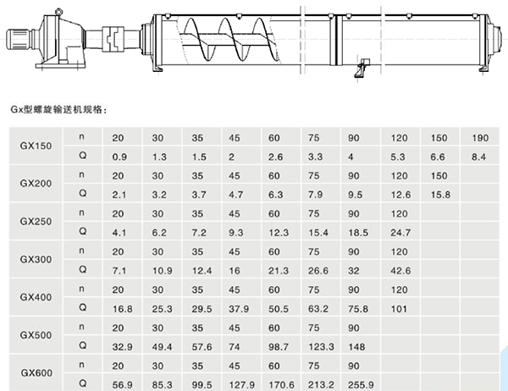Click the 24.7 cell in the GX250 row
coord(400,233)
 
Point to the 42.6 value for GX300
coord(400,271)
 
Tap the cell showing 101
coord(397,309)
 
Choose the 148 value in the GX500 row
coord(356,347)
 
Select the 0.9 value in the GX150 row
coord(119,157)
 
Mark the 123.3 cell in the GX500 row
coord(319,347)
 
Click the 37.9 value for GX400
coord(239,309)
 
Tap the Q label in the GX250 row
coord(82,233)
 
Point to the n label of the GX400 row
coord(82,289)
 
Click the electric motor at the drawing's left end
coord(21,40)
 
